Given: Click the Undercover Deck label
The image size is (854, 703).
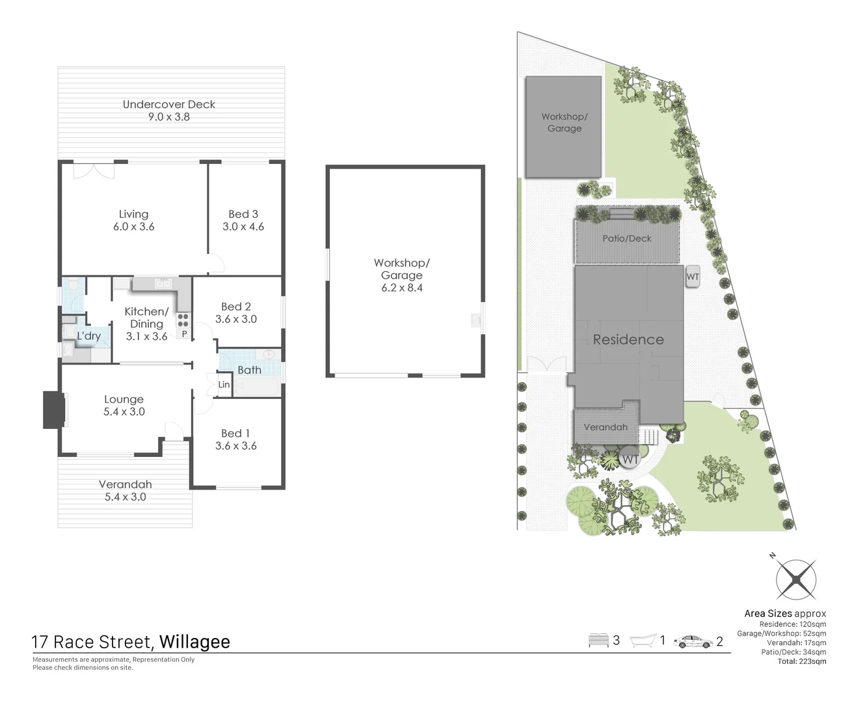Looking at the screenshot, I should [169, 104].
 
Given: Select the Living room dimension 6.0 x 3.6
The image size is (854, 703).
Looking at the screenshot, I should [134, 227].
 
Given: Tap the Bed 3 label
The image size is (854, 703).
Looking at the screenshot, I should [243, 214].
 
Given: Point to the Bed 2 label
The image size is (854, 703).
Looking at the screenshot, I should [236, 307].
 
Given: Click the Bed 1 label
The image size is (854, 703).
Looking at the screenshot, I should [235, 434].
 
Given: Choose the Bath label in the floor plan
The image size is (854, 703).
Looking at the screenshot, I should [249, 370].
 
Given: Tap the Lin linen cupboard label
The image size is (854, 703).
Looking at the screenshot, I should [224, 385].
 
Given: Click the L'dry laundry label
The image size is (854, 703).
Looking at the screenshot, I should [89, 336].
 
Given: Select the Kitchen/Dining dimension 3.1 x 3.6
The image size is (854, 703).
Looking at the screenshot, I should [147, 337].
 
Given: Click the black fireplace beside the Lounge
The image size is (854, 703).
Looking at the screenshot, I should [54, 409].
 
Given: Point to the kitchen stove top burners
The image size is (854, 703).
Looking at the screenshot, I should [183, 320].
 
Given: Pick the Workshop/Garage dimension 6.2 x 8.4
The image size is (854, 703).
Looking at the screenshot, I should [402, 288].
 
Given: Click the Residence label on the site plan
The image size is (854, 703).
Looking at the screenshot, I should [628, 340].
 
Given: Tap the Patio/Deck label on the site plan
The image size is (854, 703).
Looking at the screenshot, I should [627, 239].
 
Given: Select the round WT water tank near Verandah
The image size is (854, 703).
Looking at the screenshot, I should [630, 458].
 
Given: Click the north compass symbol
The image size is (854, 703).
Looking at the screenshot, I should [795, 579].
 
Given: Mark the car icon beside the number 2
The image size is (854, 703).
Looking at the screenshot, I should [693, 642].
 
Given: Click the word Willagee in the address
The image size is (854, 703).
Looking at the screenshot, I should [194, 642].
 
